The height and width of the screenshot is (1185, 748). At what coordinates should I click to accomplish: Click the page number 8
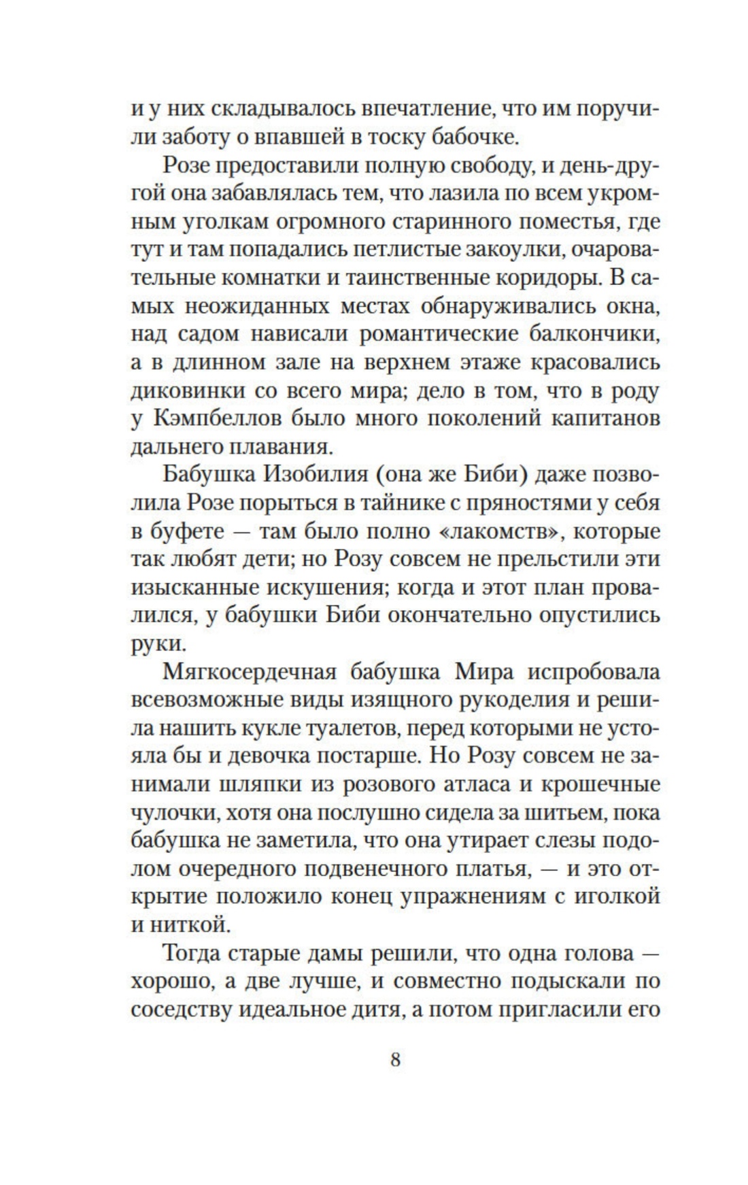[x=395, y=1060]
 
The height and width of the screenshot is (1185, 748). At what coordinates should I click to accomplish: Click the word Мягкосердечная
[x=250, y=672]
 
